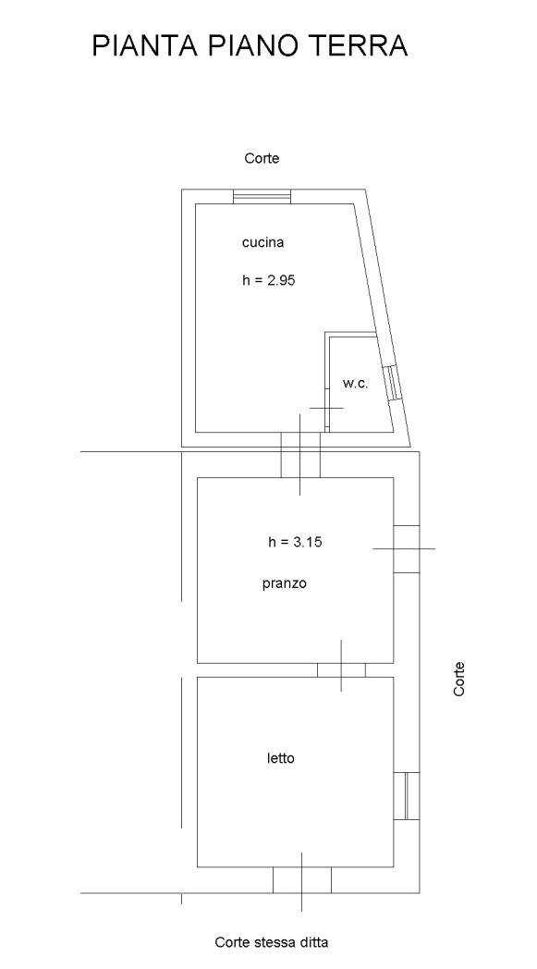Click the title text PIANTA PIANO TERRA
click(x=250, y=45)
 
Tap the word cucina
click(x=262, y=243)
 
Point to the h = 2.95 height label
click(x=269, y=280)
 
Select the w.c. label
click(x=355, y=383)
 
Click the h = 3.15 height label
click(x=296, y=542)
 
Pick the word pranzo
click(x=285, y=584)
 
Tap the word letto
click(x=281, y=758)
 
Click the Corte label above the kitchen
click(x=262, y=158)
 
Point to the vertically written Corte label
click(x=458, y=680)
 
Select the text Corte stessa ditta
click(x=272, y=942)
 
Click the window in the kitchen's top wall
click(x=262, y=197)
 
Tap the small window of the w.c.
click(x=392, y=384)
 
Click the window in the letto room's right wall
click(x=407, y=796)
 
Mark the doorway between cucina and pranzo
click(x=300, y=455)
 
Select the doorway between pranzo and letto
click(x=341, y=670)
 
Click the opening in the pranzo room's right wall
click(x=407, y=549)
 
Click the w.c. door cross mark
click(x=326, y=408)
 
